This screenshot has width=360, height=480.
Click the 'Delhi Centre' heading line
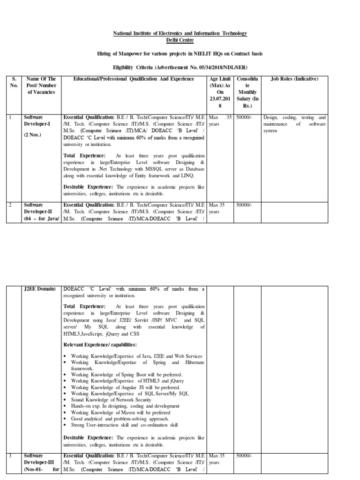click(x=180, y=41)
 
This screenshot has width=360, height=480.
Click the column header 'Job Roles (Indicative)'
click(x=295, y=79)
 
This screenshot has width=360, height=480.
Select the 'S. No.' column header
click(x=14, y=82)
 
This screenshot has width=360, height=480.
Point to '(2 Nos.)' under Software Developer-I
click(x=33, y=135)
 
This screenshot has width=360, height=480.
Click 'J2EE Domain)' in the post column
click(x=40, y=289)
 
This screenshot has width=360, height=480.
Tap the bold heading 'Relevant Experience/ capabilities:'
click(x=100, y=345)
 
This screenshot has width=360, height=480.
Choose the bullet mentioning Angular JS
click(x=125, y=388)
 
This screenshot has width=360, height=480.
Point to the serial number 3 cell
click(x=10, y=455)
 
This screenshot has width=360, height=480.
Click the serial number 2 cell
click(x=10, y=205)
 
